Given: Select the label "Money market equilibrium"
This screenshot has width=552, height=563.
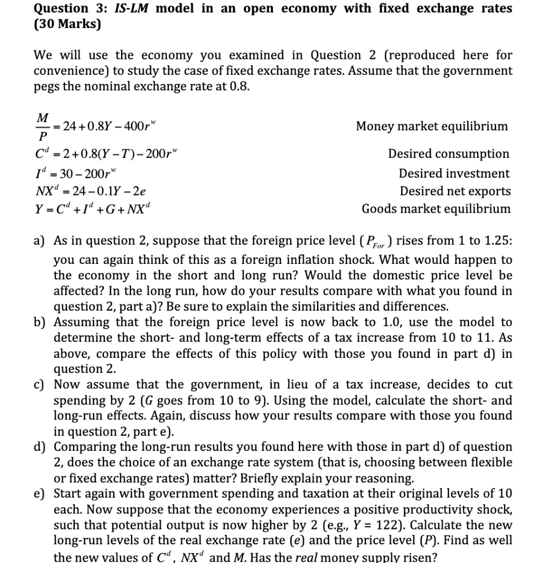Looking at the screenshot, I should [432, 126].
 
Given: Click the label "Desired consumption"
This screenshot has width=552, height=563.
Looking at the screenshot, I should [449, 154].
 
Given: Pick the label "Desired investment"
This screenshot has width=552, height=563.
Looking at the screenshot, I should [454, 173].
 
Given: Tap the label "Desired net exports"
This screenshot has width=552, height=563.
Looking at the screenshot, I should [455, 191].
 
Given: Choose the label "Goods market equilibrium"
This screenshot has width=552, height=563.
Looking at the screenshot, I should [436, 209].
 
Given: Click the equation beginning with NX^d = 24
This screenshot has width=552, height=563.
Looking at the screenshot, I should [90, 191].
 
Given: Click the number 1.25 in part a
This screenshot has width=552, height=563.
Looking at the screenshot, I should [496, 241].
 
